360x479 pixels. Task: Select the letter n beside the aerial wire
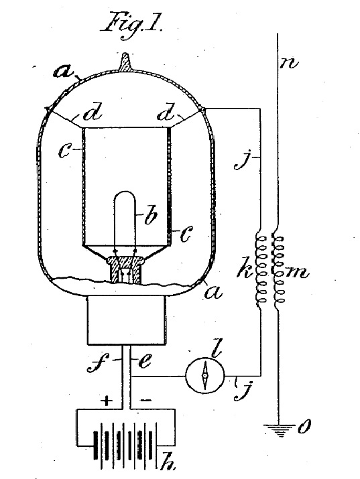[x=288, y=64]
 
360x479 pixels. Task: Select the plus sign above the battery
[x=106, y=400]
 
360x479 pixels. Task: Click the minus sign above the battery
[x=145, y=400]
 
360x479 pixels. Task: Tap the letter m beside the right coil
[x=296, y=273]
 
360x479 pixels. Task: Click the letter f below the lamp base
[x=97, y=363]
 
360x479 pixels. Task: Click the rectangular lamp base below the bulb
[x=127, y=320]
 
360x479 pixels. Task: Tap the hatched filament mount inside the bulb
[x=125, y=269]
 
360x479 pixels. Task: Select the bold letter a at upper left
[x=64, y=72]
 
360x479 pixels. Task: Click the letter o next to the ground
[x=304, y=427]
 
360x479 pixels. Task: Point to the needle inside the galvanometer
[x=205, y=375]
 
